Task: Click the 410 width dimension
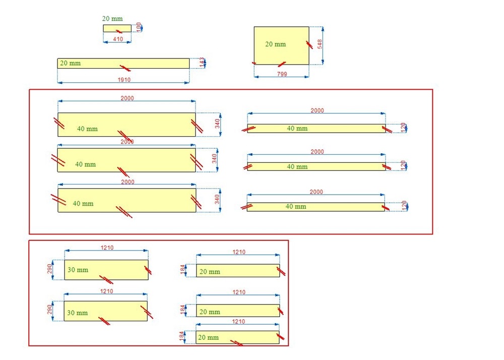click(118, 39)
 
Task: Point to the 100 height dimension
click(139, 27)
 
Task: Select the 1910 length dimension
click(124, 80)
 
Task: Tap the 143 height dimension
click(202, 63)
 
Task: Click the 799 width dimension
click(282, 74)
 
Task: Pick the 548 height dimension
click(320, 44)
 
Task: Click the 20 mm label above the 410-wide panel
click(112, 19)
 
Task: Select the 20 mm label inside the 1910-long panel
click(71, 63)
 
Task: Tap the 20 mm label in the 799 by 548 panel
click(276, 44)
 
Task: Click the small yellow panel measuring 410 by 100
click(117, 28)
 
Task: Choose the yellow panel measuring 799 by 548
click(282, 46)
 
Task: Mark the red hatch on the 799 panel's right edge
click(309, 45)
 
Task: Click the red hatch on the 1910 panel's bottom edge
click(125, 68)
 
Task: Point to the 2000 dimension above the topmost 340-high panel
click(128, 98)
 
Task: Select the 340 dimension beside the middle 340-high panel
click(214, 159)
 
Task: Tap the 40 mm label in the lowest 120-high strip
click(296, 206)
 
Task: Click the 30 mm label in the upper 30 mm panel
click(78, 270)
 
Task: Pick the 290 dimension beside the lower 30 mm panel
click(49, 310)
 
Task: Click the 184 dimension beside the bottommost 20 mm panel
click(181, 336)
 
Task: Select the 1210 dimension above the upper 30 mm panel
click(107, 248)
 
